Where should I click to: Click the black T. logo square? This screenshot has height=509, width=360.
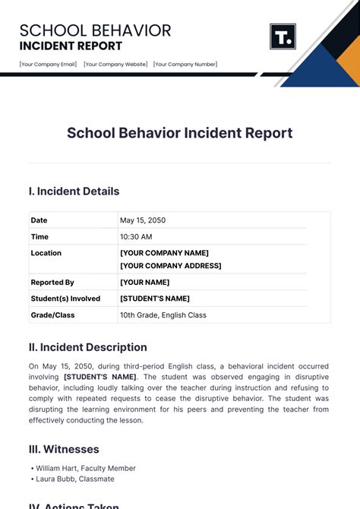pos(283,36)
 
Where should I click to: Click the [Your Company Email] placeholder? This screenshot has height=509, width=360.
pos(47,65)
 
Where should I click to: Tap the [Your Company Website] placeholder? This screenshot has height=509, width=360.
pos(115,65)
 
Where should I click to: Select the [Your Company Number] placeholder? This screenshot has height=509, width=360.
pos(185,65)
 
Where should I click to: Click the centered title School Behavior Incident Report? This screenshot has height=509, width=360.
pos(180,133)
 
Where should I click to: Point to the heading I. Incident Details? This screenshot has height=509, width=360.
pos(74,191)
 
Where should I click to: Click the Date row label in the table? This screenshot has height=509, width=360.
pos(39,220)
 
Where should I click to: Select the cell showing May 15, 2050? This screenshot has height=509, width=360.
pos(143,220)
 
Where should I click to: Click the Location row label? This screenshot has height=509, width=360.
pos(46,253)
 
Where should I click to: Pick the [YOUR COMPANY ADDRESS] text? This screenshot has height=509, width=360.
pos(171,266)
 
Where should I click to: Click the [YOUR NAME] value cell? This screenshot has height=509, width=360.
pos(144,283)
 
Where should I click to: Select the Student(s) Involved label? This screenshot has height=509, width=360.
pos(65,299)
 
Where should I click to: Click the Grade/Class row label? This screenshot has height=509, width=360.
pos(52,315)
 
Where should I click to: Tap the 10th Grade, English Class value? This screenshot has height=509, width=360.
pos(163,315)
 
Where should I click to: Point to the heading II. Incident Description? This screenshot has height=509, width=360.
pos(88,347)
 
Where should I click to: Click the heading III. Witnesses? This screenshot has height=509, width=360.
pos(64,449)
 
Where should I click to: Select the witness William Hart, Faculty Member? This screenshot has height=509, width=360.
pos(85,469)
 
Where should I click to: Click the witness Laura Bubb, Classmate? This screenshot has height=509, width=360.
pos(74,479)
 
